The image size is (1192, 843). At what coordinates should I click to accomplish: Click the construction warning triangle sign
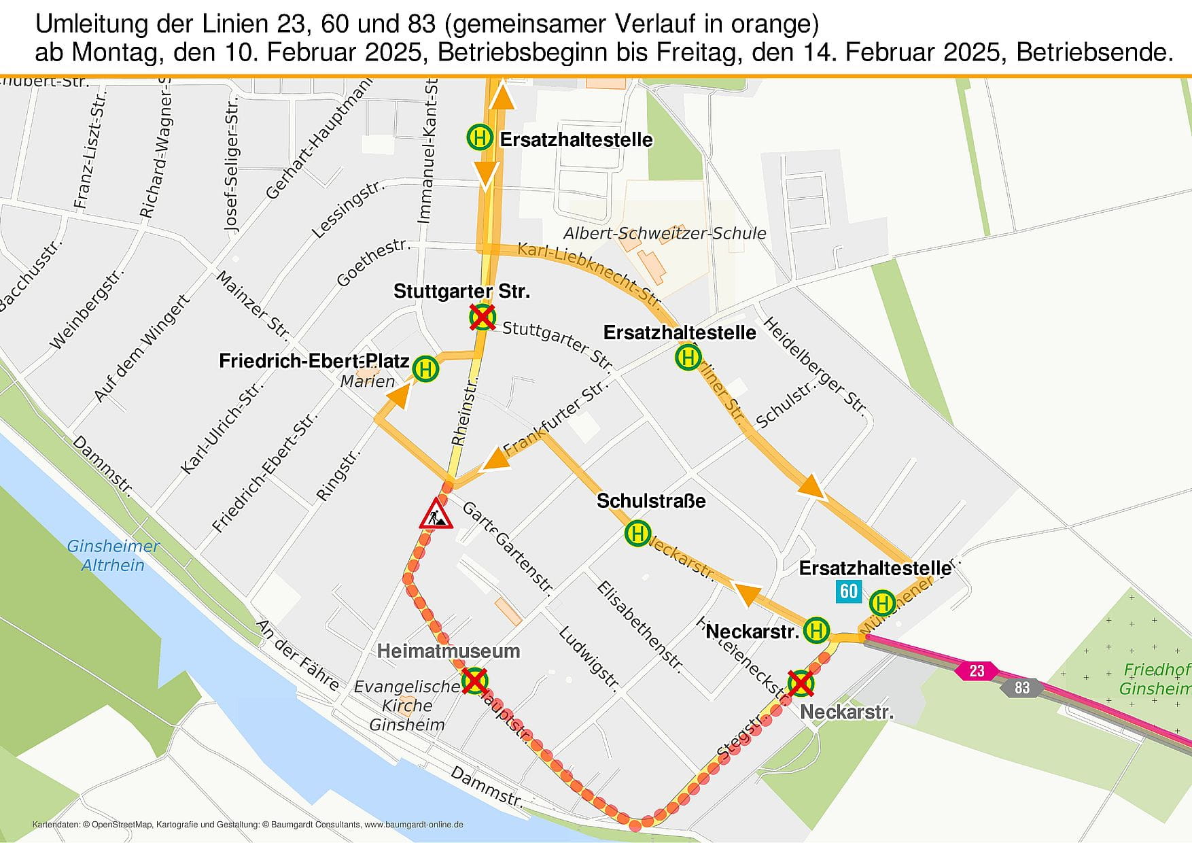point(436,515)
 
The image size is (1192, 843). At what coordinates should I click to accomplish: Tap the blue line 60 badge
point(849,591)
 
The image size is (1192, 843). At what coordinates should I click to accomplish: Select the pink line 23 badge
point(977,671)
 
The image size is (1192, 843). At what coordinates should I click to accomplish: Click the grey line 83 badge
point(1022,687)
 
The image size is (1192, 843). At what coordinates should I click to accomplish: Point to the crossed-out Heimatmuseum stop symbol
point(475,681)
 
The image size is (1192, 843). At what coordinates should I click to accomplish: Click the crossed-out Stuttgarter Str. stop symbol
point(483,317)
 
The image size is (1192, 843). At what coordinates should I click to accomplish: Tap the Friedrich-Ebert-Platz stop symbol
point(425,369)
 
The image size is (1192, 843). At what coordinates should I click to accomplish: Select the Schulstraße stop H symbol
point(637,533)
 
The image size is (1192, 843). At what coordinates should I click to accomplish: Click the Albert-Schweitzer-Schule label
point(665,233)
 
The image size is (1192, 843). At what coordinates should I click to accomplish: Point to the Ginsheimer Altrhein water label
point(113,555)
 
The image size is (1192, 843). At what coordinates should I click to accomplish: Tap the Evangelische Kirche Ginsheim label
point(406,706)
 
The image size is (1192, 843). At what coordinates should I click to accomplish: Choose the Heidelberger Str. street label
point(814,366)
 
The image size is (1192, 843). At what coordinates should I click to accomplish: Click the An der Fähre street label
point(298,655)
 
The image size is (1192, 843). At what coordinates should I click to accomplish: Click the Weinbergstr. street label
point(87,309)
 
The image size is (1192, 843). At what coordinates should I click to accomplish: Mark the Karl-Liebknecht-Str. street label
point(589,274)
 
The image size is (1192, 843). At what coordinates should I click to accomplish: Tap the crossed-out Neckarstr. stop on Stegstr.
point(801,683)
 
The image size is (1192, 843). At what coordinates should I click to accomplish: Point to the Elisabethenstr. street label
point(639,625)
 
